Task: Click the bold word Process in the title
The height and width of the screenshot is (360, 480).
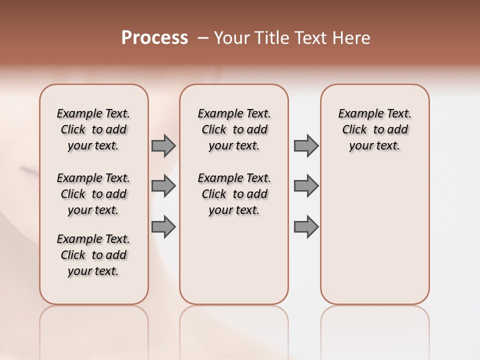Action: pyautogui.click(x=154, y=38)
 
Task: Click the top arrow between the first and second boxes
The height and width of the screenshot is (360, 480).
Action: pyautogui.click(x=163, y=145)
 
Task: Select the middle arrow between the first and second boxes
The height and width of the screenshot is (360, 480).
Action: pyautogui.click(x=163, y=186)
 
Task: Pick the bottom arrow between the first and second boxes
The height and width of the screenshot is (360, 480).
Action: pyautogui.click(x=163, y=226)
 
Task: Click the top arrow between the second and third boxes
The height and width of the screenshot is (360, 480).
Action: pyautogui.click(x=306, y=145)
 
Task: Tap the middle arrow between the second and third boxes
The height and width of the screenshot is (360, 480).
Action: pyautogui.click(x=306, y=186)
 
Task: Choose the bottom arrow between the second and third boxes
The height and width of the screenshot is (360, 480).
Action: pyautogui.click(x=306, y=226)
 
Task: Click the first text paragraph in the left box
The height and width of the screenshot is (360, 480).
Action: pyautogui.click(x=93, y=129)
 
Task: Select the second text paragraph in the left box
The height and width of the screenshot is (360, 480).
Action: pyautogui.click(x=93, y=194)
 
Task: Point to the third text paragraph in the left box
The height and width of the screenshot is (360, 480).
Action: pyautogui.click(x=93, y=255)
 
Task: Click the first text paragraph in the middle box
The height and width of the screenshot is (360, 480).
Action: pyautogui.click(x=234, y=129)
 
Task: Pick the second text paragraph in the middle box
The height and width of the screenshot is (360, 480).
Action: pyautogui.click(x=234, y=194)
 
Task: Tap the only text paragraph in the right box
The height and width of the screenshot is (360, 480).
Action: pyautogui.click(x=374, y=129)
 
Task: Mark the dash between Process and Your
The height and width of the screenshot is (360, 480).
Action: pyautogui.click(x=203, y=38)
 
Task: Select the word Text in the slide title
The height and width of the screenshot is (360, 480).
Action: pyautogui.click(x=308, y=38)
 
